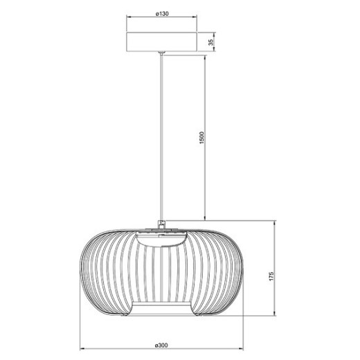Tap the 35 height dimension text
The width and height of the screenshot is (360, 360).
point(210,42)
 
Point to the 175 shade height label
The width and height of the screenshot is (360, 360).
point(273,276)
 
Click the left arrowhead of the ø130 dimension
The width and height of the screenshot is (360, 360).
point(127,19)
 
